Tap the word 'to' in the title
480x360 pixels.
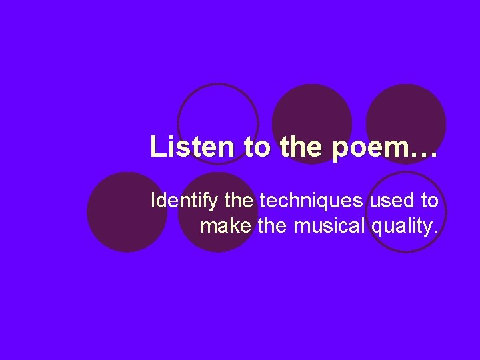(257, 147)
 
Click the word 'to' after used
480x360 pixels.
(429, 200)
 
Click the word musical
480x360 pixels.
(329, 226)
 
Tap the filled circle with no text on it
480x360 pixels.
(127, 212)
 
